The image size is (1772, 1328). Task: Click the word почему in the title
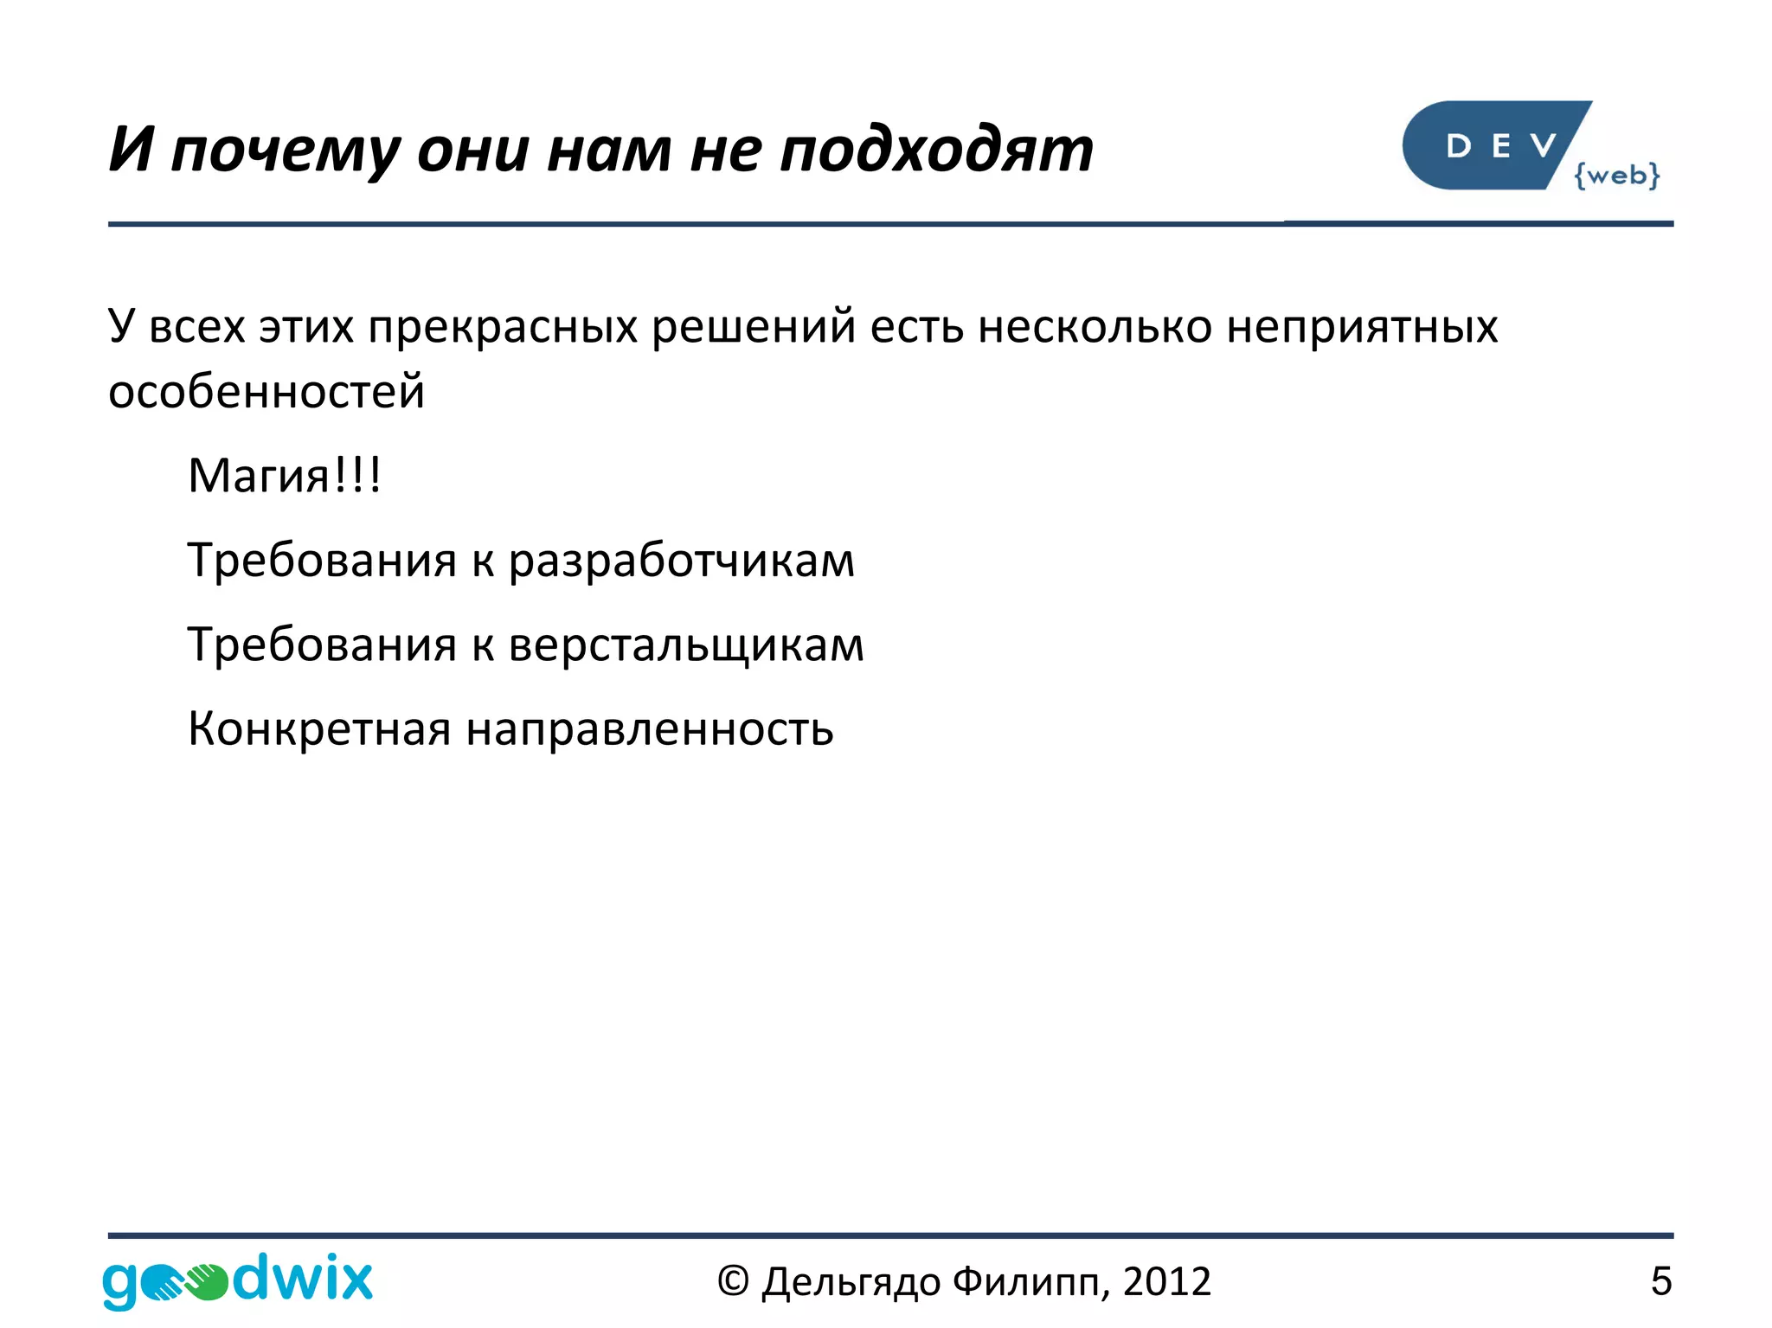pyautogui.click(x=285, y=151)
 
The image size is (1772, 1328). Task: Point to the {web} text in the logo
pyautogui.click(x=1616, y=175)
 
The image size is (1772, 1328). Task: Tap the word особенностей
pyautogui.click(x=266, y=392)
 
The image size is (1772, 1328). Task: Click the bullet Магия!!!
pyautogui.click(x=285, y=476)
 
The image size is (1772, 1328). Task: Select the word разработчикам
pyautogui.click(x=681, y=561)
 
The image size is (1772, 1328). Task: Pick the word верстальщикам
pyautogui.click(x=686, y=645)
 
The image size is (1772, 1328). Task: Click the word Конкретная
pyautogui.click(x=319, y=728)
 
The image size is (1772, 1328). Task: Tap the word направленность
pyautogui.click(x=650, y=728)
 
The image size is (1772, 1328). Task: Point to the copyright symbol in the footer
pyautogui.click(x=733, y=1281)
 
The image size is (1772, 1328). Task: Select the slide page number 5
pyautogui.click(x=1660, y=1281)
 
